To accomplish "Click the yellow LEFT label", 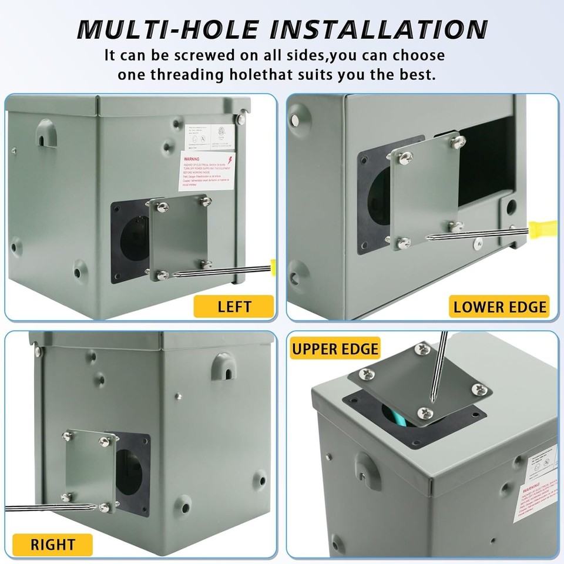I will tap(234, 306).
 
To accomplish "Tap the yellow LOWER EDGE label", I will tap(500, 306).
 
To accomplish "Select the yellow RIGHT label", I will tap(53, 545).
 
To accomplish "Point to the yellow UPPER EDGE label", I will tap(335, 348).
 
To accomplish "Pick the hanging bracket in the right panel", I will tap(224, 365).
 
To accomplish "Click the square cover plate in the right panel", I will tap(90, 470).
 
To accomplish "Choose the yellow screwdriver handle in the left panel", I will tap(273, 266).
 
